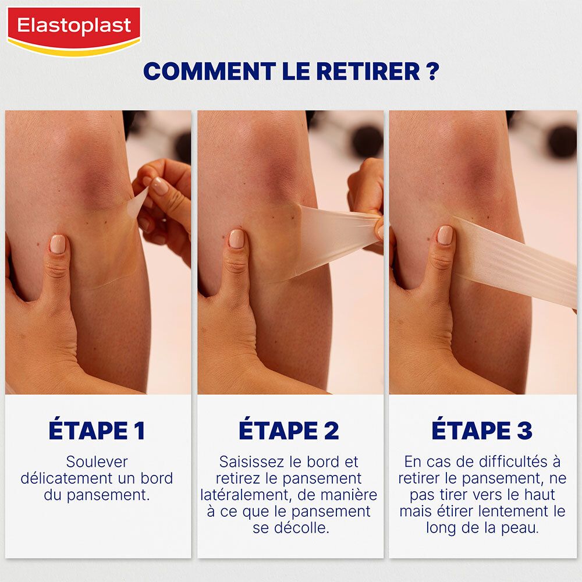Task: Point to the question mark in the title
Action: pos(432,72)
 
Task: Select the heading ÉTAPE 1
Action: pos(97,431)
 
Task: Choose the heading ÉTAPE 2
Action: pos(289,431)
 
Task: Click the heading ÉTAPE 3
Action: pos(482,431)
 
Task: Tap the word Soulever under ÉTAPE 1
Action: pos(97,462)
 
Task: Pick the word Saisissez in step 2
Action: pos(251,462)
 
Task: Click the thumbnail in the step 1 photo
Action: pos(58,244)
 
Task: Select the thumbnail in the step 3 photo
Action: pos(445,235)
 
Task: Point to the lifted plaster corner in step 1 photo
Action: pos(138,201)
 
